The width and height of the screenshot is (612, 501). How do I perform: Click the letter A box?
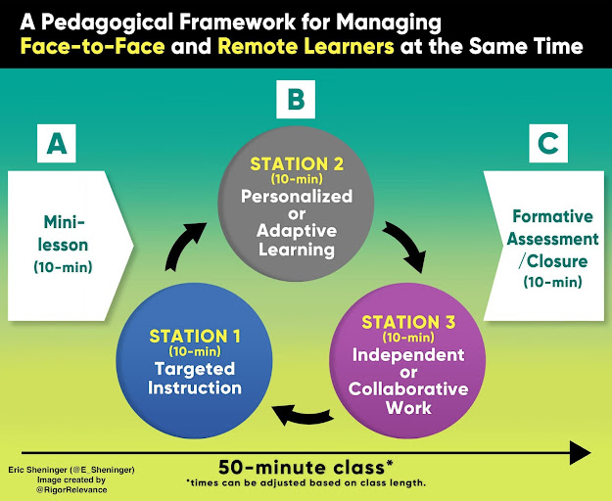[58, 145]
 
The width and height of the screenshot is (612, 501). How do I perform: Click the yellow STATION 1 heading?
[194, 337]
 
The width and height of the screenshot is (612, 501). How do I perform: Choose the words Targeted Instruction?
[194, 378]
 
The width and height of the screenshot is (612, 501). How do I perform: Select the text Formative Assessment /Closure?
[554, 239]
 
